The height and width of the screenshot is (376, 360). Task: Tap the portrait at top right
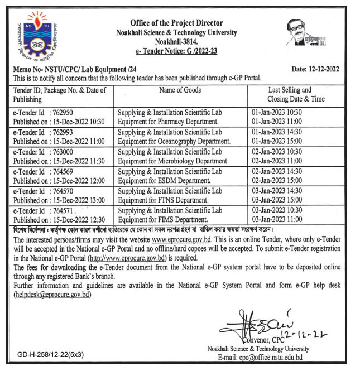[x=304, y=34]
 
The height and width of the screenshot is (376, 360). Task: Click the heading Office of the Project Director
[x=176, y=23]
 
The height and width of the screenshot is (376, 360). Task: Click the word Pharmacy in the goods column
[x=175, y=121]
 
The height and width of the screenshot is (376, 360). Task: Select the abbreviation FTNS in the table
[x=166, y=200]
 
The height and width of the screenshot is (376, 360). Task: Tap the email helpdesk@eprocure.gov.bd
[x=53, y=295]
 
